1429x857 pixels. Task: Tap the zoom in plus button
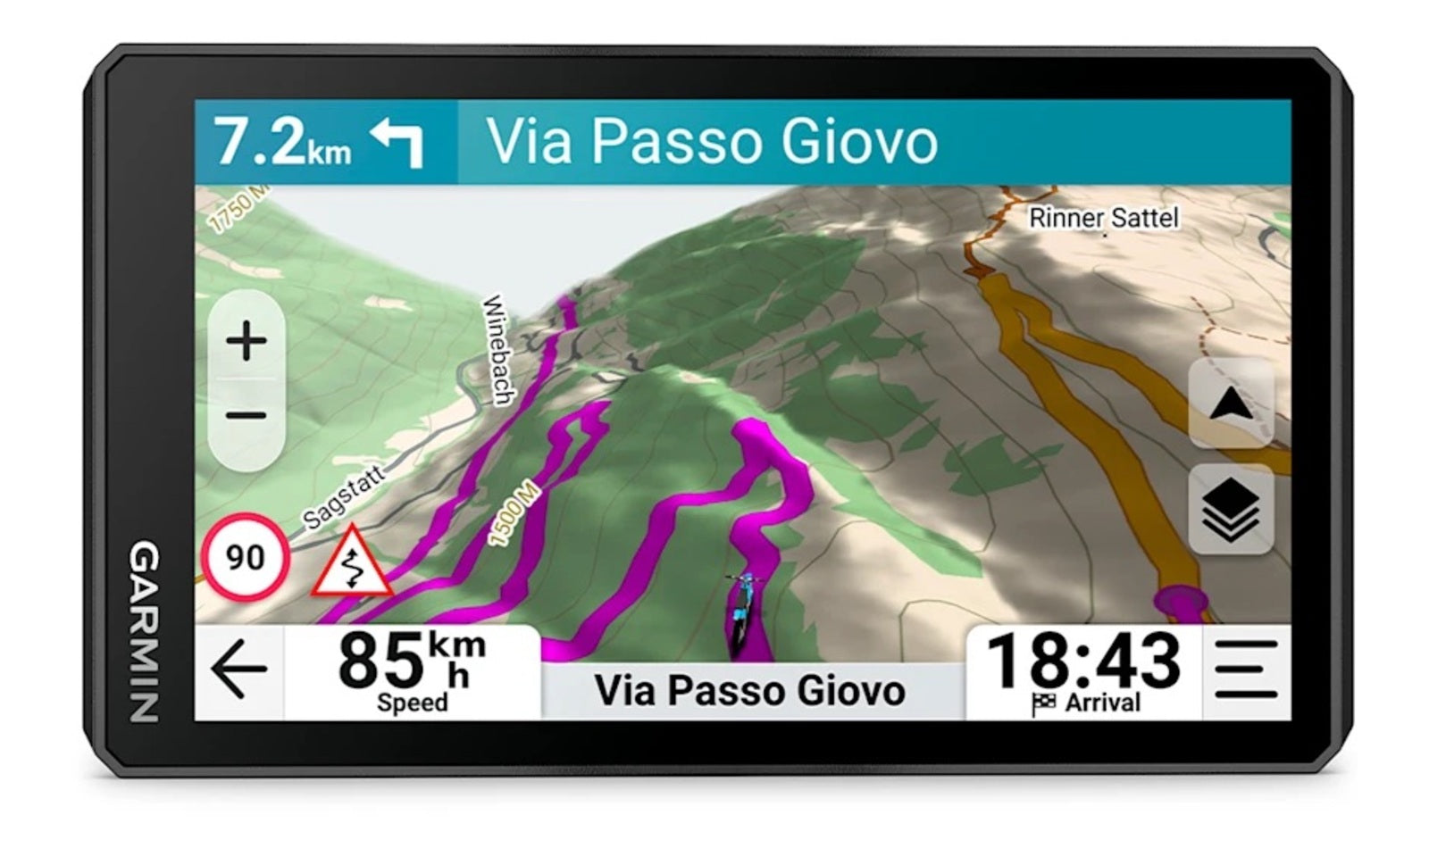(x=247, y=341)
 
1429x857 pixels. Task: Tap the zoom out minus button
(x=247, y=415)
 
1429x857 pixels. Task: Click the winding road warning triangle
(x=352, y=565)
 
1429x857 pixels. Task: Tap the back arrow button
(x=238, y=670)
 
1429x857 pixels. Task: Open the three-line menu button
(x=1246, y=670)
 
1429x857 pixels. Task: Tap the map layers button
(x=1231, y=510)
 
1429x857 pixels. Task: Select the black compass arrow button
(x=1231, y=404)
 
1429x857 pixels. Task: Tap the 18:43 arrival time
(x=1083, y=661)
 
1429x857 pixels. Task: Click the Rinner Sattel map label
(x=1104, y=218)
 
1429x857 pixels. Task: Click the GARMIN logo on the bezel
(x=145, y=631)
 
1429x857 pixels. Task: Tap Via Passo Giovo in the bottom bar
(x=750, y=691)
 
